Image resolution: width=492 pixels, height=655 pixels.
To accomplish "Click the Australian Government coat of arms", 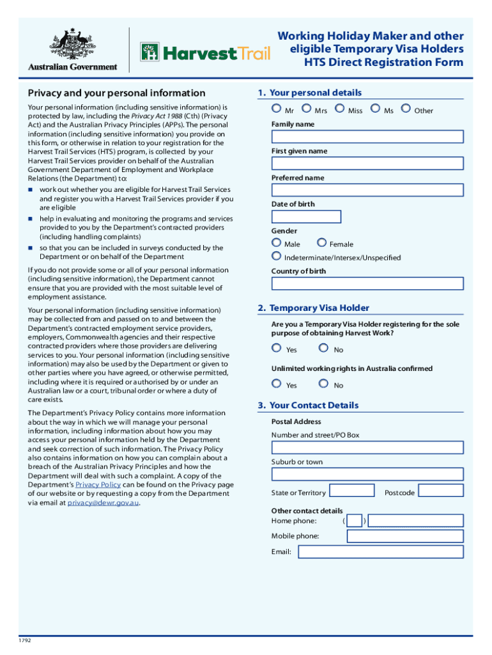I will (x=72, y=43).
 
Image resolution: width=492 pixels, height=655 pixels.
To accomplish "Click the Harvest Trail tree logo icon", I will (x=150, y=52).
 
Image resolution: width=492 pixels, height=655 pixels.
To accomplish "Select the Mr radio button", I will (x=275, y=109).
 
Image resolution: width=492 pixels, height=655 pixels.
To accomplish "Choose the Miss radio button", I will (x=339, y=109).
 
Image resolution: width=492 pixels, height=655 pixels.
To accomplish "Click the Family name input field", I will (x=367, y=137).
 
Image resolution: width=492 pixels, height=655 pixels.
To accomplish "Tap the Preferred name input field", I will (x=367, y=190).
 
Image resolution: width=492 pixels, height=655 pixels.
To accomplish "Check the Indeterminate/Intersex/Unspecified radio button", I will (x=276, y=256).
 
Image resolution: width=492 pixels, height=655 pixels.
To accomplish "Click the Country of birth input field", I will (x=367, y=283).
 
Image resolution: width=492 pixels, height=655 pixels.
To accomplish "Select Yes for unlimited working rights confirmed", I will (x=276, y=384).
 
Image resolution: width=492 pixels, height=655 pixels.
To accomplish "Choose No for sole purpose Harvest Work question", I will (x=323, y=349).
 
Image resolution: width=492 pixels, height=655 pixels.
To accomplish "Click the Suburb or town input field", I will (x=367, y=474).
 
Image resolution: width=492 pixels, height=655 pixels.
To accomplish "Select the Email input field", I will (x=381, y=551).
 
